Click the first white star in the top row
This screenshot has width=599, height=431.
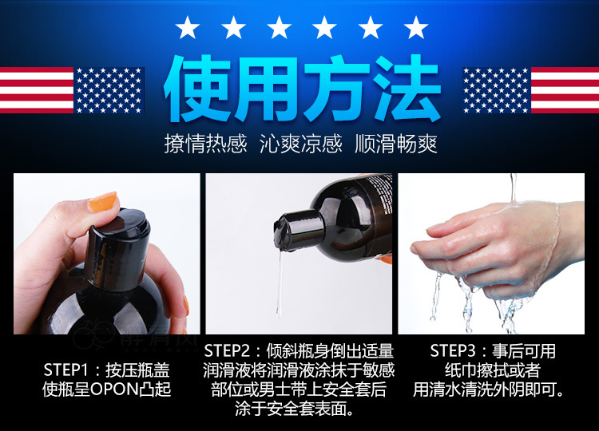[x=187, y=27]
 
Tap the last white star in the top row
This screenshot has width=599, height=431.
[x=415, y=27]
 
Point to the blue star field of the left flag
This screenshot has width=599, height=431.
[x=109, y=90]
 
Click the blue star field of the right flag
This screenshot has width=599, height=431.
[x=496, y=90]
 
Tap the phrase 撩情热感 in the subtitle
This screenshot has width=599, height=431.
[x=206, y=144]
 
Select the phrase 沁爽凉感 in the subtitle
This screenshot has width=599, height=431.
[x=300, y=144]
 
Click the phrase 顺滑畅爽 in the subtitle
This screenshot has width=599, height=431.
[x=396, y=144]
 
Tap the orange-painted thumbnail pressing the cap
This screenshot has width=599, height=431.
[x=103, y=202]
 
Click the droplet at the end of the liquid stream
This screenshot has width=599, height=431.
[x=280, y=311]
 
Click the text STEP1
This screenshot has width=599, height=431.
[x=66, y=370]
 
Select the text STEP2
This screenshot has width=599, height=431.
[x=227, y=351]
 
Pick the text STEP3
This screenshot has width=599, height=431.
[x=453, y=351]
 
